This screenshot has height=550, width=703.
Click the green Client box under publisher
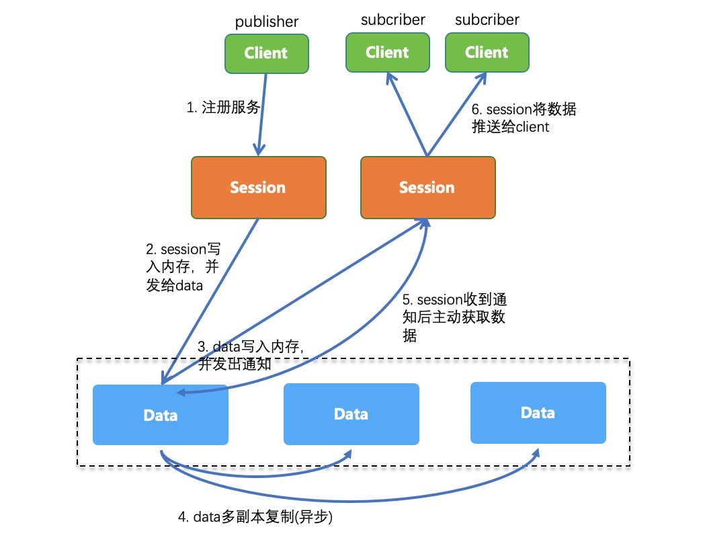[267, 53]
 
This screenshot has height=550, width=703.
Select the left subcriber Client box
[388, 52]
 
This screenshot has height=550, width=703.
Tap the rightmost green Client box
[487, 52]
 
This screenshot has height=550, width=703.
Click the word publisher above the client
[267, 21]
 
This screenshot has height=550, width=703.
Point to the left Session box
[259, 188]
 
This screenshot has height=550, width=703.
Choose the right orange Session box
[428, 188]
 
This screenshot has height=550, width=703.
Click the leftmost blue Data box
[161, 415]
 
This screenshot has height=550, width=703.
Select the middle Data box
[351, 414]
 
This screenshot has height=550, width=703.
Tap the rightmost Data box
[538, 413]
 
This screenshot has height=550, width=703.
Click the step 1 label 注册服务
[223, 107]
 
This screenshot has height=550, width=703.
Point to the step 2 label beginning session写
[183, 267]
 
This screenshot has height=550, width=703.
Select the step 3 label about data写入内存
[251, 355]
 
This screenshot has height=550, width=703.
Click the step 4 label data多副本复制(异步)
[255, 517]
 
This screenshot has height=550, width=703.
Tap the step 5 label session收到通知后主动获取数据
[454, 317]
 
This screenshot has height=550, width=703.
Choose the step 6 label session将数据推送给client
[524, 118]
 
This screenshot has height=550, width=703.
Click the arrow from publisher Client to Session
[262, 114]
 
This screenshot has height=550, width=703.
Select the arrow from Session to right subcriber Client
[457, 114]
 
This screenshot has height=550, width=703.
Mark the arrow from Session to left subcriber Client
[407, 114]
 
